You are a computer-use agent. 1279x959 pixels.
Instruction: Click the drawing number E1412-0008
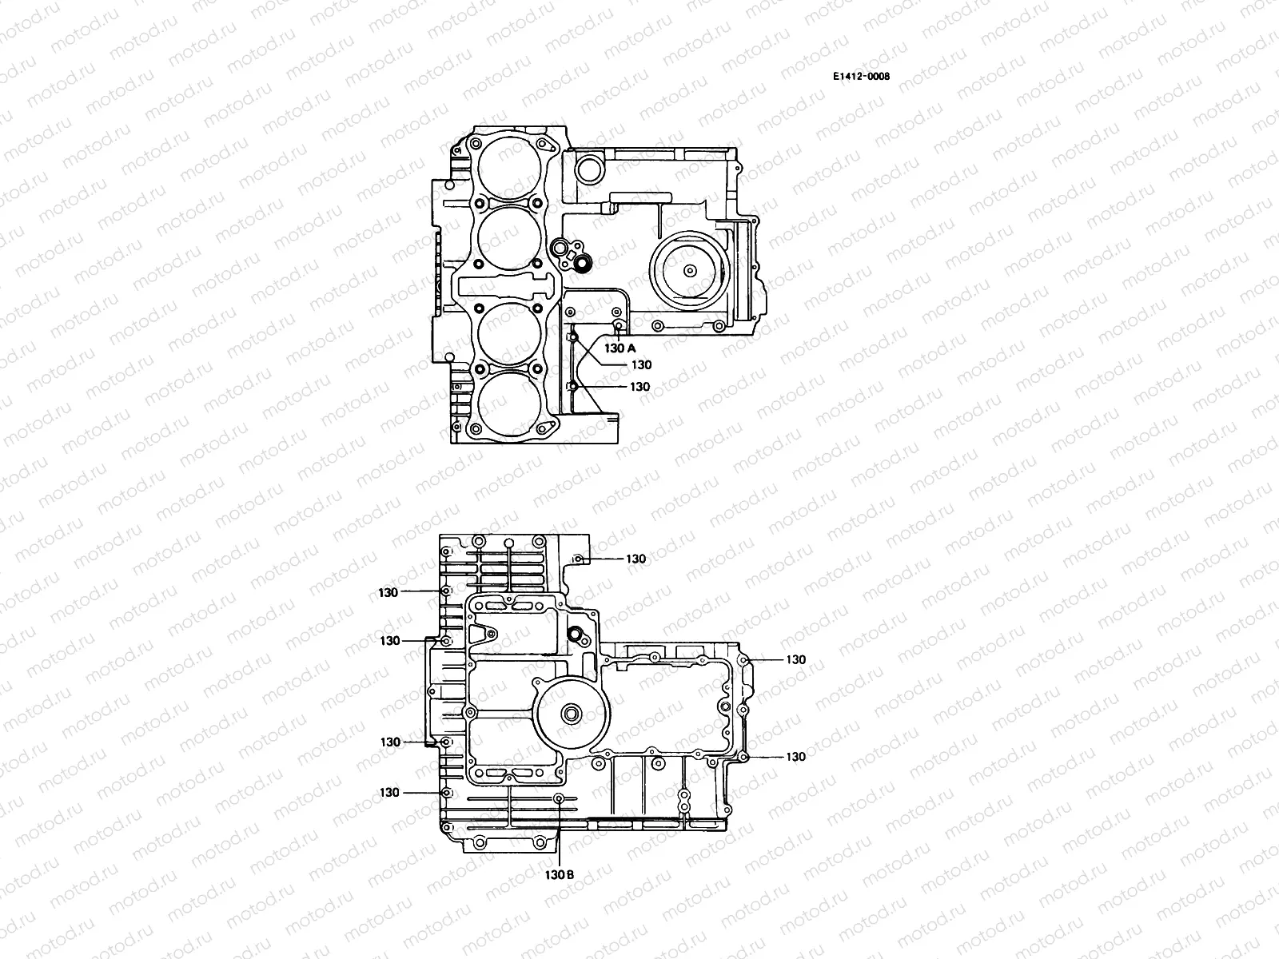(861, 77)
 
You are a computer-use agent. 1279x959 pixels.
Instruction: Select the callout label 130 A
(620, 348)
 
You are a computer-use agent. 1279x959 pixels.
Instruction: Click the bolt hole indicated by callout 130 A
(618, 325)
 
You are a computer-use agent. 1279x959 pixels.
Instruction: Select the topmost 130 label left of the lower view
(389, 591)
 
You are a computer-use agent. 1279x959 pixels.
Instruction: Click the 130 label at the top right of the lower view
(636, 559)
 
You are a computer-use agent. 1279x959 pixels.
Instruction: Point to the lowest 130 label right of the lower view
(795, 756)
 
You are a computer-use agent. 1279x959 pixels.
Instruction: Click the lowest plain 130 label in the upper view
(640, 386)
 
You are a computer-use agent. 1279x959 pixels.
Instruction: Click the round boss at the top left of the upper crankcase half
(590, 168)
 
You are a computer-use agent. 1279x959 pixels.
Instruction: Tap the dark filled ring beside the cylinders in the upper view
(583, 261)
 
